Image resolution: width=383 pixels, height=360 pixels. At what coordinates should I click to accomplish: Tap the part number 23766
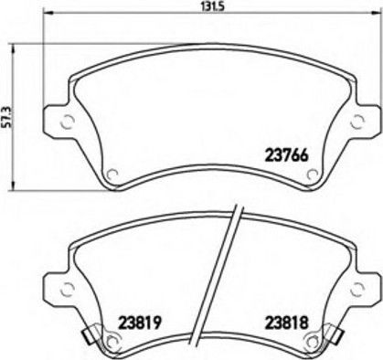287,155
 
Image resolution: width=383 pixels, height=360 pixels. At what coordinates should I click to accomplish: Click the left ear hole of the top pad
68,122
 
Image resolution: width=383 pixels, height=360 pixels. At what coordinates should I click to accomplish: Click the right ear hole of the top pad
357,122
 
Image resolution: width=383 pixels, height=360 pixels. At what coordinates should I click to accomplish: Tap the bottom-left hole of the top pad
112,175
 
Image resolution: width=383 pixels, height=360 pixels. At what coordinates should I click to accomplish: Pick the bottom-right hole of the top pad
313,175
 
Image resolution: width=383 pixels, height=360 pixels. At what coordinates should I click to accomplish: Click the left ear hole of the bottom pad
67,289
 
